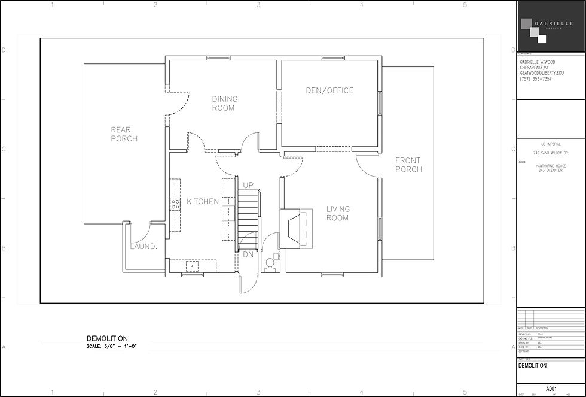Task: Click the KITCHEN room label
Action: pyautogui.click(x=203, y=202)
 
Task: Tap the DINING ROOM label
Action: pyautogui.click(x=224, y=104)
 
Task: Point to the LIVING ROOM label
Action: pyautogui.click(x=337, y=213)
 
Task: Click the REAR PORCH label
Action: pyautogui.click(x=124, y=134)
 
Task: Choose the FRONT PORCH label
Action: pyautogui.click(x=408, y=165)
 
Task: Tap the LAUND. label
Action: pyautogui.click(x=143, y=247)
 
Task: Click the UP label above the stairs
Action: pyautogui.click(x=248, y=185)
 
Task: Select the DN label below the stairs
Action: pyautogui.click(x=248, y=255)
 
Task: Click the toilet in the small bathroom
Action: pyautogui.click(x=270, y=263)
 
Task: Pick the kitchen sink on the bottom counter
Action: pyautogui.click(x=193, y=266)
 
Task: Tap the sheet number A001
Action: pyautogui.click(x=550, y=389)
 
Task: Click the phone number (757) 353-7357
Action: pyautogui.click(x=536, y=79)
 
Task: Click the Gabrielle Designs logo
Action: pyautogui.click(x=536, y=27)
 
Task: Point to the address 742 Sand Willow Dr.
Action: pyautogui.click(x=550, y=153)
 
